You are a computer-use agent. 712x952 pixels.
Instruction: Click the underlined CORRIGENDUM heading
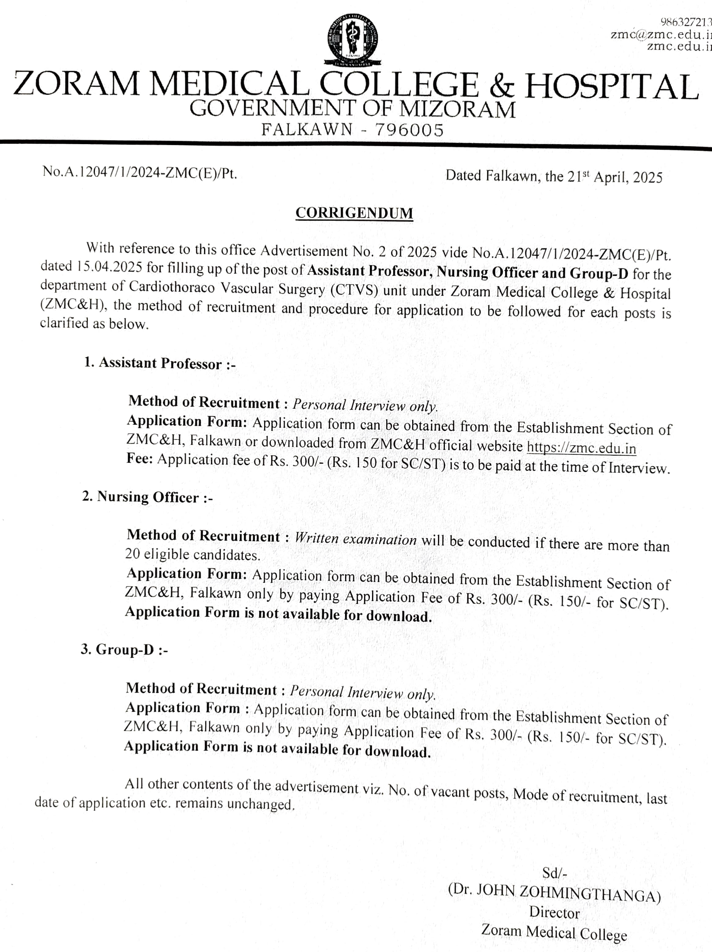(354, 213)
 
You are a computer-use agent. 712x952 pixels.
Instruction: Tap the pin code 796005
(409, 130)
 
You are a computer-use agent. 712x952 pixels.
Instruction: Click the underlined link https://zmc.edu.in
(581, 447)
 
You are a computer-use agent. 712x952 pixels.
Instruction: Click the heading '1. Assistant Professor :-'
(160, 363)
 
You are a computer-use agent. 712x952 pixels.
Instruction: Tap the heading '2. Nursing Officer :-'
(147, 497)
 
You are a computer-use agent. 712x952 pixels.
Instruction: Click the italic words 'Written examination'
(356, 539)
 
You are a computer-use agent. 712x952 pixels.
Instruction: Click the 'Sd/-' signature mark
(554, 873)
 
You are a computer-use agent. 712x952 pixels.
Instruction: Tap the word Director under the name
(554, 912)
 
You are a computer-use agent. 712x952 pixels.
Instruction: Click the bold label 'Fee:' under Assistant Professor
(140, 459)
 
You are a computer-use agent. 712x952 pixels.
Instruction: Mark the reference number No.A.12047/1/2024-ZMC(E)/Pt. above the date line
(140, 172)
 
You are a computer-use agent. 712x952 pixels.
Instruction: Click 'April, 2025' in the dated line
(628, 177)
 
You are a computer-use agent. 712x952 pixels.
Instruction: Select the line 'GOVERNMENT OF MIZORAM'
(352, 109)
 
